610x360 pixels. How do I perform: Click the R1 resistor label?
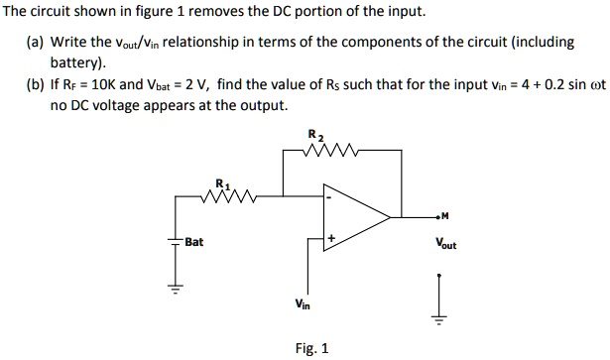222,182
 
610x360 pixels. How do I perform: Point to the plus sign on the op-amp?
330,238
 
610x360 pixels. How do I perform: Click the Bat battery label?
193,241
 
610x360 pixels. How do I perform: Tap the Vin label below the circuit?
303,304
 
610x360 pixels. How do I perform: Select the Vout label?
444,243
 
